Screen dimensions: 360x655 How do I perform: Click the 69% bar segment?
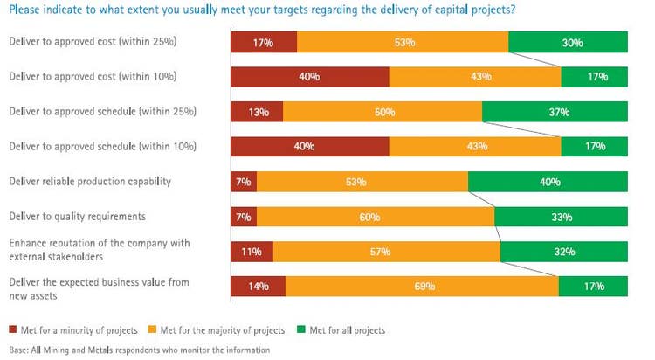[422, 286]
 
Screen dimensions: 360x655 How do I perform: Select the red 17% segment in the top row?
[264, 41]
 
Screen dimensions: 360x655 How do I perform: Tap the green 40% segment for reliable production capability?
[548, 181]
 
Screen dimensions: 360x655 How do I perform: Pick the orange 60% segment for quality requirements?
[376, 216]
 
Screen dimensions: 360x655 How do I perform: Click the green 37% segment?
[555, 111]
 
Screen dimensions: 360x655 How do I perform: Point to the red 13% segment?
[257, 111]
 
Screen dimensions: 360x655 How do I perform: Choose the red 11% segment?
[252, 251]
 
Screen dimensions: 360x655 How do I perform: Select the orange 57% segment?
[387, 251]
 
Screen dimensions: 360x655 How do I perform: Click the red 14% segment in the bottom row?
[258, 286]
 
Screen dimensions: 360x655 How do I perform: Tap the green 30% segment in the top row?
[568, 41]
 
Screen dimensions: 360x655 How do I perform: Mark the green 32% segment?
[564, 251]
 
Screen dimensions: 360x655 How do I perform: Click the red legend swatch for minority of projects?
[14, 330]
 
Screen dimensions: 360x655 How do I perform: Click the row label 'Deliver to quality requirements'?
[77, 215]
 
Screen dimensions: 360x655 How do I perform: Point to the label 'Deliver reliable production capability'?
[89, 181]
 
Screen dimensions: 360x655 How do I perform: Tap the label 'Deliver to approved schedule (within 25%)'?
[102, 111]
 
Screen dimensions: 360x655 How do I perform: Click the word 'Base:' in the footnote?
[20, 350]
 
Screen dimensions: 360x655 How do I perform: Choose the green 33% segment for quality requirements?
[561, 216]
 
